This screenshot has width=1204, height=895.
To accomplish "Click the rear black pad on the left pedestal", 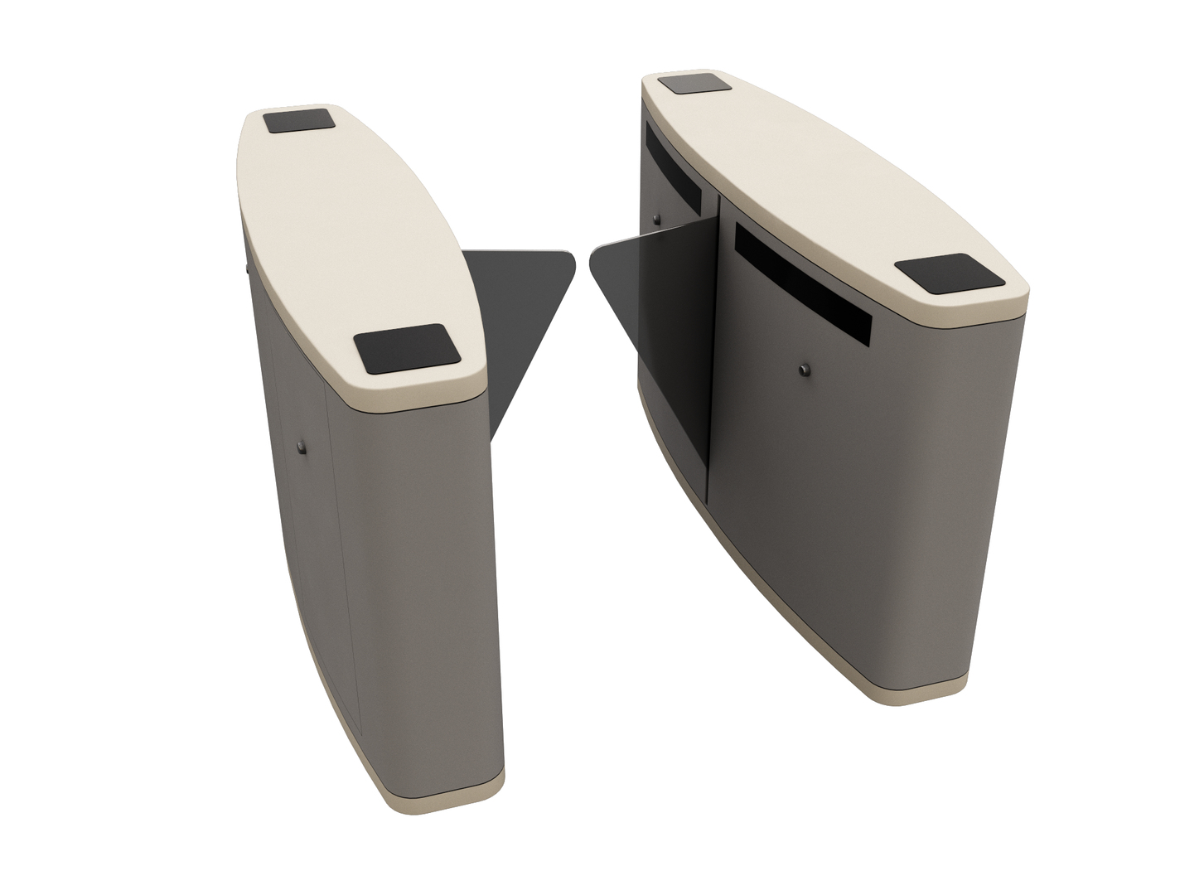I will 299,121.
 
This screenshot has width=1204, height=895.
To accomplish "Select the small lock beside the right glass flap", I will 656,220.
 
